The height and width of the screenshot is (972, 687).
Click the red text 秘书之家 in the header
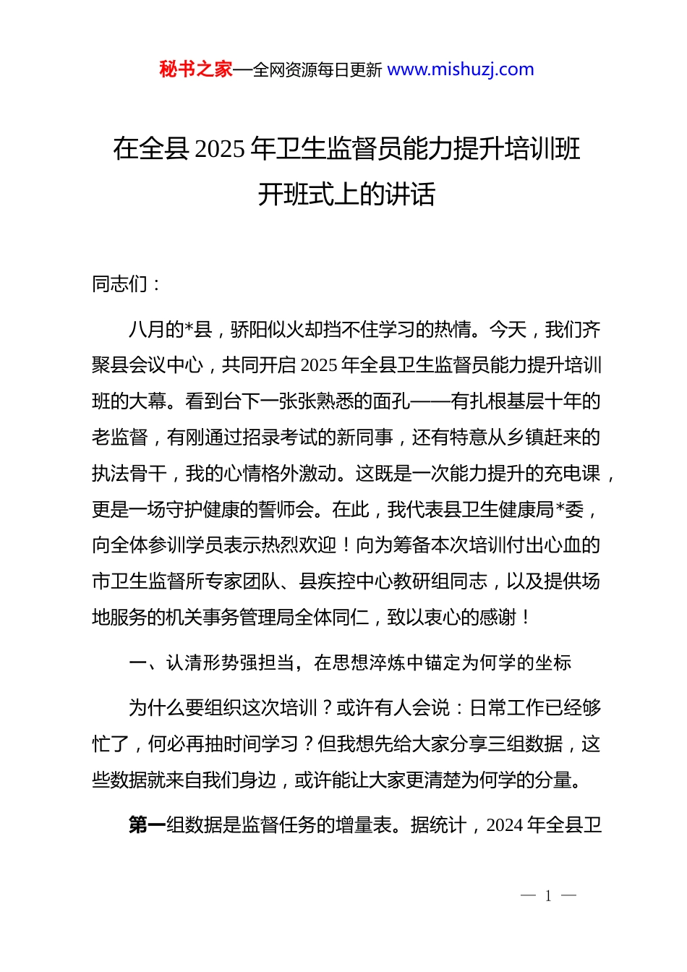click(x=195, y=69)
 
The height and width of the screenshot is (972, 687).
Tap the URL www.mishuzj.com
click(x=461, y=69)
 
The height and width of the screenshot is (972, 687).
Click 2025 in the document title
click(x=220, y=149)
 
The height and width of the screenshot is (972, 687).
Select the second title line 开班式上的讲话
click(x=346, y=194)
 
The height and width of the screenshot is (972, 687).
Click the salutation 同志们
click(x=120, y=284)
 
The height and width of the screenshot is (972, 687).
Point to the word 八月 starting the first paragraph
click(x=147, y=330)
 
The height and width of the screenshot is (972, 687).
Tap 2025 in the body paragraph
click(x=318, y=365)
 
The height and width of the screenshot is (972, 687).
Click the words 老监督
click(x=119, y=438)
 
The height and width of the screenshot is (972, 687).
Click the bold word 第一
click(x=147, y=825)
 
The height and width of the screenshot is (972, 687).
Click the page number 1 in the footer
click(x=548, y=896)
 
